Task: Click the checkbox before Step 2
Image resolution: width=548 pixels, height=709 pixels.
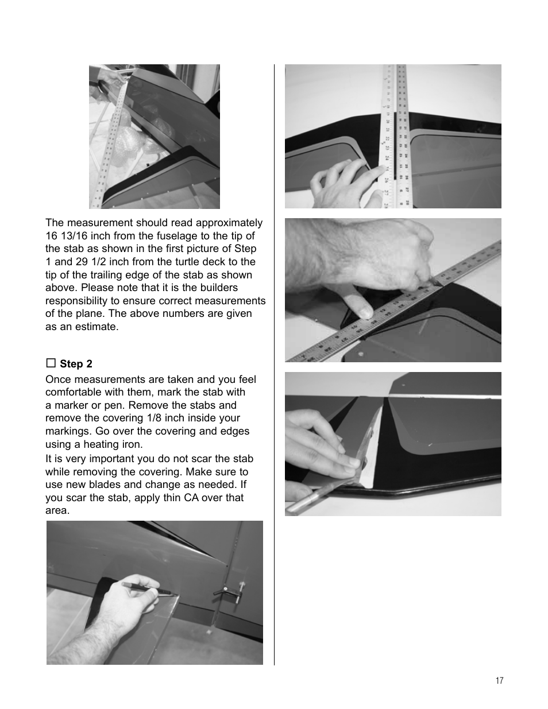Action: click(51, 363)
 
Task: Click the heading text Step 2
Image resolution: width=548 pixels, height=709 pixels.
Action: click(76, 364)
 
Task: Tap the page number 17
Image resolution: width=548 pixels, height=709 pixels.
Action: click(499, 680)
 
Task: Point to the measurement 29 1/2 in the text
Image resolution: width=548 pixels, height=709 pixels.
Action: click(91, 262)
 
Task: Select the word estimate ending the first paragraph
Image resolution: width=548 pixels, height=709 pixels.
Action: click(97, 327)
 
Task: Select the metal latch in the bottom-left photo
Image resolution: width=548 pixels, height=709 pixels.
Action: click(227, 592)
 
